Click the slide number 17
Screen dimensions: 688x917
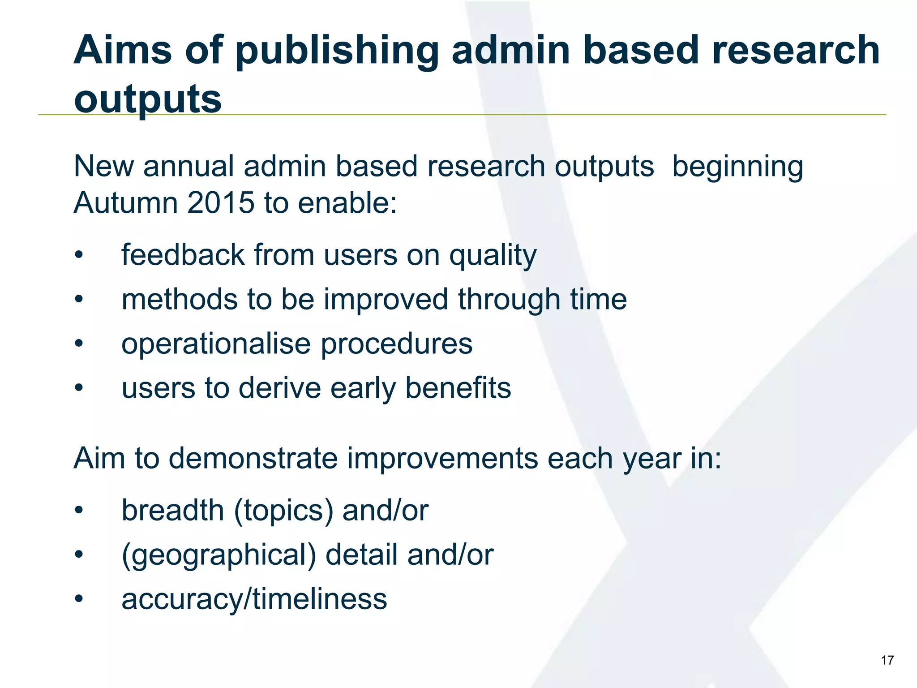(887, 660)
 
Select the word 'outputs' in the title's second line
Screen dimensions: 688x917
(148, 99)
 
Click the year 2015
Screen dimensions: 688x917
(221, 203)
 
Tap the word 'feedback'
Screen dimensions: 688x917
(183, 255)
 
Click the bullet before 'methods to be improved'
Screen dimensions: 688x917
(79, 300)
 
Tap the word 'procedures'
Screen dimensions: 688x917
(396, 344)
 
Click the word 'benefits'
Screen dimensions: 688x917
(458, 388)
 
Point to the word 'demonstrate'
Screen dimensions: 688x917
(253, 459)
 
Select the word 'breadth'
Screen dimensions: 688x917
(173, 510)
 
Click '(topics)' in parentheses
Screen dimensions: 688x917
(283, 511)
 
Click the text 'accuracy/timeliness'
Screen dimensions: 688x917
(254, 599)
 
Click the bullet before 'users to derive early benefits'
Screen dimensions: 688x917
(79, 388)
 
